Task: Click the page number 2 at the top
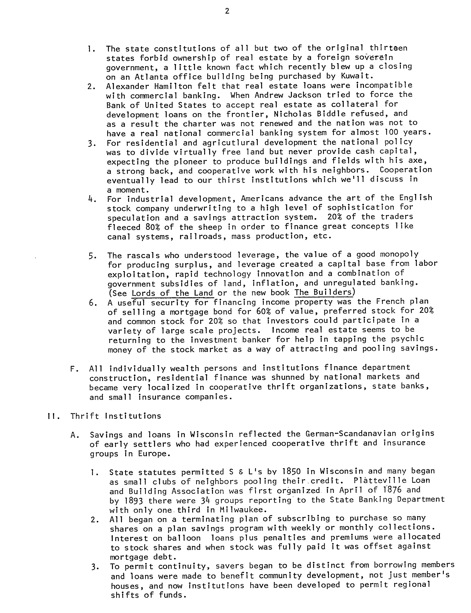point(227,11)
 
